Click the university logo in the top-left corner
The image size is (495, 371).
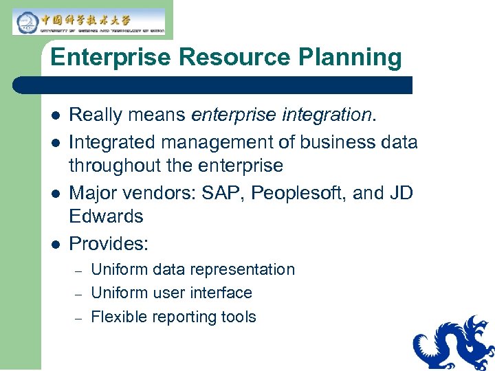pos(88,21)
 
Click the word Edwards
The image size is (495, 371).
pos(106,216)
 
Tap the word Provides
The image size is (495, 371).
pos(109,244)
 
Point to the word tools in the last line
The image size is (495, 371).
pos(239,317)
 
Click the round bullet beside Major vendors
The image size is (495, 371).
pos(54,194)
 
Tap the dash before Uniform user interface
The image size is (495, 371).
pos(78,293)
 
